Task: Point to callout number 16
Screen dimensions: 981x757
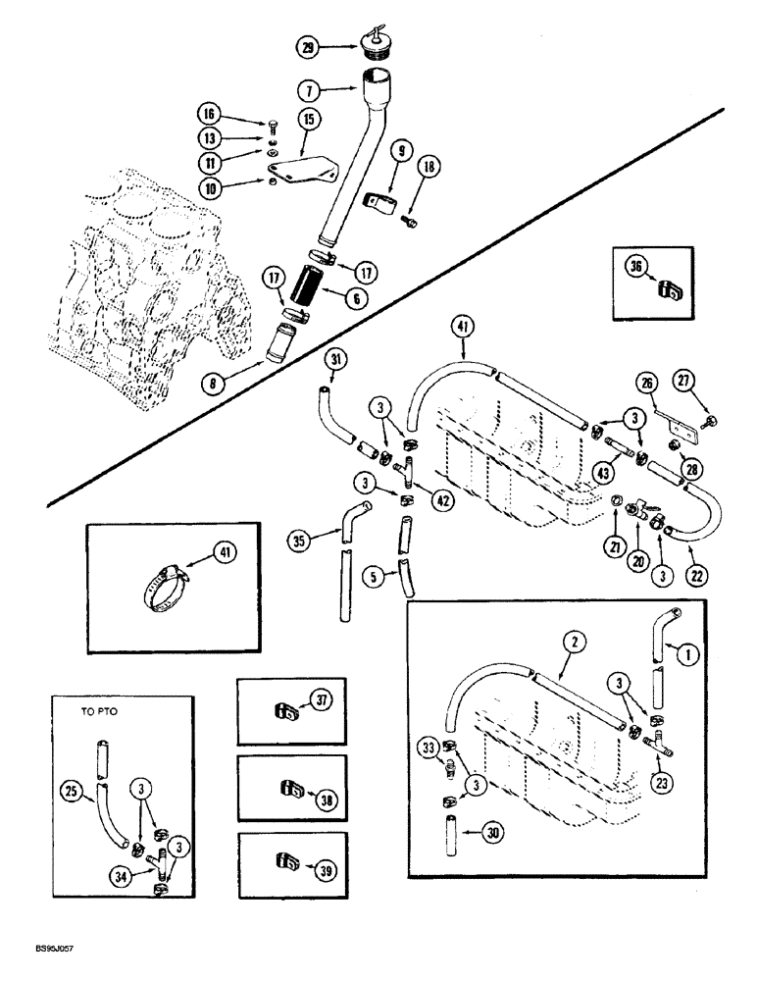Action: (211, 115)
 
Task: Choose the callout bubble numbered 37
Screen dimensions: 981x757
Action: (320, 699)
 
